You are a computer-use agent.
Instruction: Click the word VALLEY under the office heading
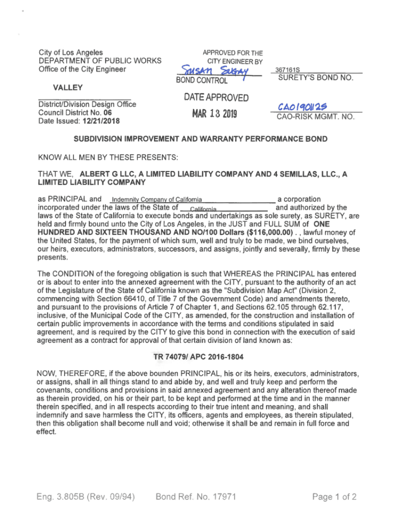[53, 88]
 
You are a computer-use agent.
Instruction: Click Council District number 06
[107, 113]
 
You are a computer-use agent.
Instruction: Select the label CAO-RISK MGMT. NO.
[316, 117]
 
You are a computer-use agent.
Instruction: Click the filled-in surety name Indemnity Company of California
[157, 200]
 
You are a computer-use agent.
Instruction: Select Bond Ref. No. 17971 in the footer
[196, 497]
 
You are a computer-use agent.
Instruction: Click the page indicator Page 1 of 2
[334, 497]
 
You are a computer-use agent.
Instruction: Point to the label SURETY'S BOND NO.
[315, 79]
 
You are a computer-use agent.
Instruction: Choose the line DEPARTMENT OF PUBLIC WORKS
[100, 61]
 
